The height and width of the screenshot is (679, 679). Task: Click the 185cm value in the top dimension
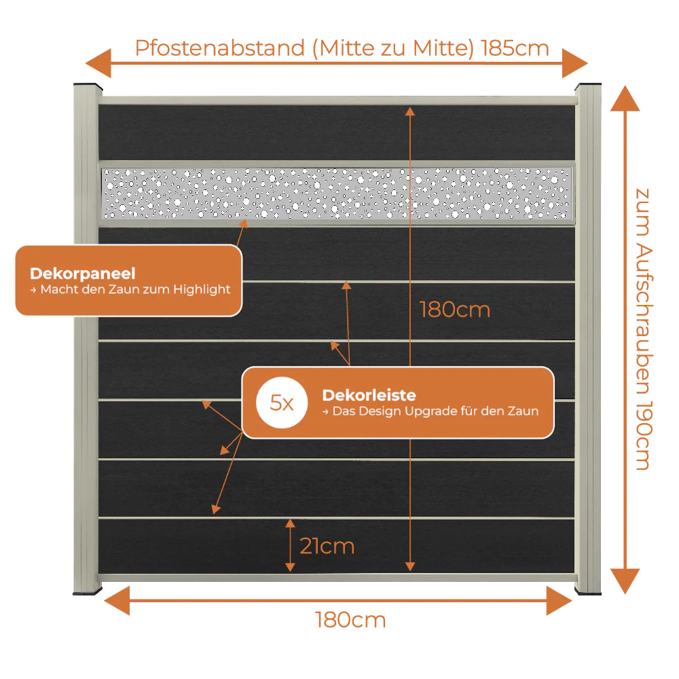click(515, 48)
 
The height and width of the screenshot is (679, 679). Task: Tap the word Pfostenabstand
click(220, 48)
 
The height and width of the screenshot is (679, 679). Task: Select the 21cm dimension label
click(327, 546)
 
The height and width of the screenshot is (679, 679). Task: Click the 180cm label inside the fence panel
click(455, 310)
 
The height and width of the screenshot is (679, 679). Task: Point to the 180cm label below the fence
click(350, 620)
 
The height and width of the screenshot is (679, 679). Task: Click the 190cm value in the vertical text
click(644, 436)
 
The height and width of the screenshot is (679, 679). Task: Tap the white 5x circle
click(282, 403)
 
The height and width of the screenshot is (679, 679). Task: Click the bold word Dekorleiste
click(369, 395)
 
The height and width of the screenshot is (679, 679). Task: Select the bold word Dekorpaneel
click(83, 273)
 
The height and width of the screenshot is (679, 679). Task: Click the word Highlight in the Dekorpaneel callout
click(202, 289)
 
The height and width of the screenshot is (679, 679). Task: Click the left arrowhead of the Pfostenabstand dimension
click(98, 63)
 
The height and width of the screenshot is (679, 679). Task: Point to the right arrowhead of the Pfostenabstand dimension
click(574, 63)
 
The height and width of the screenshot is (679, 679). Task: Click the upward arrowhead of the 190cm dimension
click(625, 98)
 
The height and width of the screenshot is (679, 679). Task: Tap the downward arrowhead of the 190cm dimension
click(625, 581)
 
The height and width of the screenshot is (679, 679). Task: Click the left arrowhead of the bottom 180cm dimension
click(117, 601)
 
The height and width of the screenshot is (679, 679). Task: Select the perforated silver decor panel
click(337, 193)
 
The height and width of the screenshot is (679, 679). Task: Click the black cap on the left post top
click(88, 86)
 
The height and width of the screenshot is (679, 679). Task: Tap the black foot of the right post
click(588, 591)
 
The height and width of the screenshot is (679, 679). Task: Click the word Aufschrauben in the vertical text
click(644, 320)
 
